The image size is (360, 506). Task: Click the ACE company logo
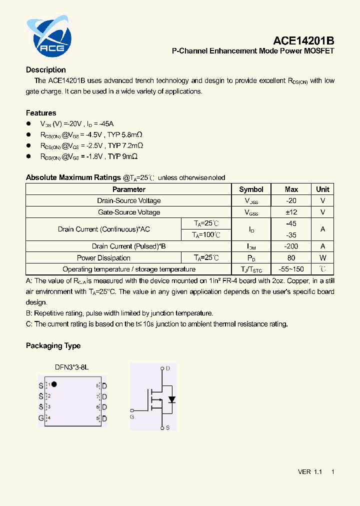pyautogui.click(x=48, y=36)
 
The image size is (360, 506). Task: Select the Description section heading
pyautogui.click(x=46, y=70)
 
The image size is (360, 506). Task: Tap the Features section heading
pyautogui.click(x=41, y=113)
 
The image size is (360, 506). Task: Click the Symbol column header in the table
pyautogui.click(x=251, y=189)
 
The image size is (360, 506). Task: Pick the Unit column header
pyautogui.click(x=322, y=189)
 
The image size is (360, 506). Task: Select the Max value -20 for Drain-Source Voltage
pyautogui.click(x=291, y=200)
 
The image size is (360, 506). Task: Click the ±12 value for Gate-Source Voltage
pyautogui.click(x=291, y=212)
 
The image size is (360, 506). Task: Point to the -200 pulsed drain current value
pyautogui.click(x=291, y=246)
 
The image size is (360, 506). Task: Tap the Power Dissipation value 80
pyautogui.click(x=291, y=258)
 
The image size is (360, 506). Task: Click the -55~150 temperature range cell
pyautogui.click(x=291, y=269)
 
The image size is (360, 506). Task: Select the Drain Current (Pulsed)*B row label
pyautogui.click(x=129, y=246)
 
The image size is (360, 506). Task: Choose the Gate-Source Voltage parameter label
pyautogui.click(x=129, y=212)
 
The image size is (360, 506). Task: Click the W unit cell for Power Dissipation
pyautogui.click(x=322, y=258)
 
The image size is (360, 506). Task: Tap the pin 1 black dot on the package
pyautogui.click(x=54, y=384)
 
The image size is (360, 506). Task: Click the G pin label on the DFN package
pyautogui.click(x=41, y=418)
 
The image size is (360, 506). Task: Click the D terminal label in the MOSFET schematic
pyautogui.click(x=167, y=368)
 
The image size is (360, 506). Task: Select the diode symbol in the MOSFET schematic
pyautogui.click(x=172, y=399)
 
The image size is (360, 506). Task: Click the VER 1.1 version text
pyautogui.click(x=310, y=472)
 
